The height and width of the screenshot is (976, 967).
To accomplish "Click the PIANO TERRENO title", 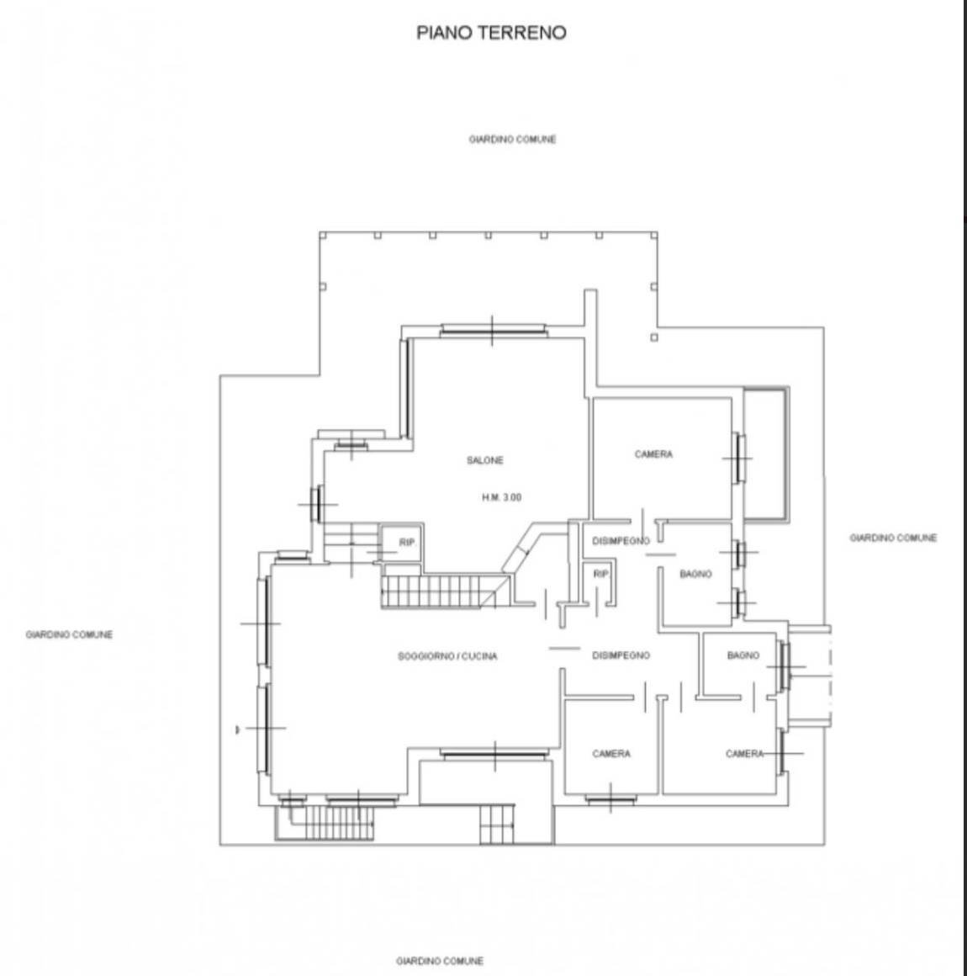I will click(492, 33).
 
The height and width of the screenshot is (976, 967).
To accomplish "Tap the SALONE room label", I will click(485, 460).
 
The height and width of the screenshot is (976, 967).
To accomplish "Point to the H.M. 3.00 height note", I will click(501, 497).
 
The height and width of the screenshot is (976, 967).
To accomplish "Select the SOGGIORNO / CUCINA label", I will click(447, 656).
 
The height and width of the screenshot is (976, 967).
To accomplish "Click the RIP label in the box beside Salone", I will click(407, 544).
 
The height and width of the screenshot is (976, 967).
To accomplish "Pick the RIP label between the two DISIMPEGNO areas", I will click(600, 574).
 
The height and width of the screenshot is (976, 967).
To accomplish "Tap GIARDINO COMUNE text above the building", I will click(512, 140).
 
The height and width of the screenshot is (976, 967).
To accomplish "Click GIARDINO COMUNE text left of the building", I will click(69, 635).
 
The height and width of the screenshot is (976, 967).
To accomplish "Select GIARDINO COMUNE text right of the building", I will click(893, 538).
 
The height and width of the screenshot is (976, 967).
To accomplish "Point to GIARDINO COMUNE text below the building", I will click(440, 961).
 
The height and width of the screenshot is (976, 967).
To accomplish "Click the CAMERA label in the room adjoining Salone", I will click(653, 454).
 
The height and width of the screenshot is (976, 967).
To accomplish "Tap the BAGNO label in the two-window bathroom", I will click(696, 574).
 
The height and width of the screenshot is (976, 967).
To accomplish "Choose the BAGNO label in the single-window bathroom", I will click(743, 655).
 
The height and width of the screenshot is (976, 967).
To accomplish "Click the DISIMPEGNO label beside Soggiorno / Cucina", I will click(621, 655).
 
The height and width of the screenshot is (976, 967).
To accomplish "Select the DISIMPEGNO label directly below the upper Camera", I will click(621, 541).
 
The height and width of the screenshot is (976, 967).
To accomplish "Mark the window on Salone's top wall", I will click(494, 331).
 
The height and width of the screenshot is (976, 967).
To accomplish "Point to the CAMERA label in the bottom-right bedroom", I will click(744, 754).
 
